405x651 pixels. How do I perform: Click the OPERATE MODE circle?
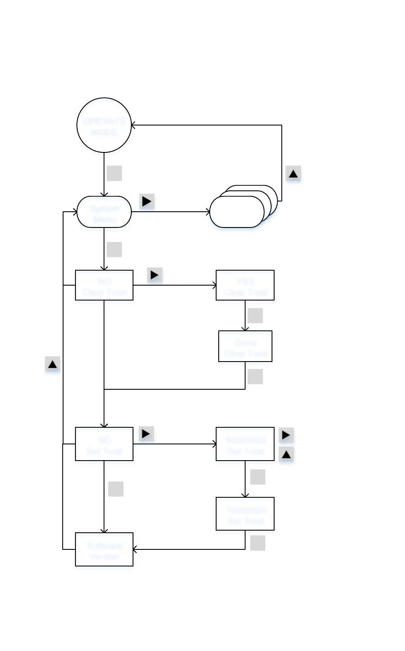point(104,125)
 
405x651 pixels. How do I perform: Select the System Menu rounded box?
point(104,212)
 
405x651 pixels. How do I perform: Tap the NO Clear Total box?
point(104,285)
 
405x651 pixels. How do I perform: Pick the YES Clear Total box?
point(245,285)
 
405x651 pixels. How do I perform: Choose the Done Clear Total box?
point(245,346)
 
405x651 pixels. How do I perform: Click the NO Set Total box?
point(104,444)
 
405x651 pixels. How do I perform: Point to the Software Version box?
point(104,549)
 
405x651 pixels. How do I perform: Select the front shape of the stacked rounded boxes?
point(237,212)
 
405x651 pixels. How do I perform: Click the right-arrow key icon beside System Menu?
point(147,201)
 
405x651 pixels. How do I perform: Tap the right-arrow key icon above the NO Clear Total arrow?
point(154,275)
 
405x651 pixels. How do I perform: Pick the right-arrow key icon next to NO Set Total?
point(146,434)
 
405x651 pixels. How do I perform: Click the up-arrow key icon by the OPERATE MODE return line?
point(293,174)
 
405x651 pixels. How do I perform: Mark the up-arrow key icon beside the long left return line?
point(52,365)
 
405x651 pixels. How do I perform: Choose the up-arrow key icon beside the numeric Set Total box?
point(286,455)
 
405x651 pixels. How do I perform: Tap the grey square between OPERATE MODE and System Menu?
point(114,173)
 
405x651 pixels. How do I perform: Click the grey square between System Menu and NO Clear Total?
point(114,249)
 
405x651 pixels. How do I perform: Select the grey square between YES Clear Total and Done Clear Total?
point(255,315)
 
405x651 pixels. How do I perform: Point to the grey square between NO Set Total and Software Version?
point(116,489)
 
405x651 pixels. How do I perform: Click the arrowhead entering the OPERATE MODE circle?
point(133,125)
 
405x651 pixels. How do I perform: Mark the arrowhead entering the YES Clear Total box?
point(214,285)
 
